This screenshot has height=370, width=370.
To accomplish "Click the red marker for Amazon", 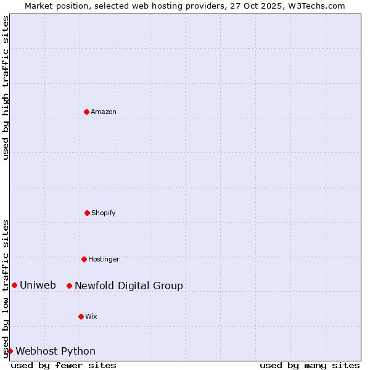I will tap(86, 112).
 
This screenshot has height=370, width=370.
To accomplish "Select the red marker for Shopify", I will tap(87, 213).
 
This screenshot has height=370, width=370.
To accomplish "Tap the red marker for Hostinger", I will tap(84, 259).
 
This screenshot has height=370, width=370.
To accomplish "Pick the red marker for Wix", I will tap(81, 316).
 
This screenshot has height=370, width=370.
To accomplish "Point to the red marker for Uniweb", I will tap(14, 285).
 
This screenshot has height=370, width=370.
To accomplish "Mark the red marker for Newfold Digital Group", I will tap(69, 286).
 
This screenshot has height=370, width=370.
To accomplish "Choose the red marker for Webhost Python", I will tap(10, 351).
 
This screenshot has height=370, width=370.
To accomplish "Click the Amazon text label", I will tap(104, 112).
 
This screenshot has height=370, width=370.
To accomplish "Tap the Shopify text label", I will tap(104, 213).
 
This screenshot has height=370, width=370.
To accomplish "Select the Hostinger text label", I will tap(104, 259).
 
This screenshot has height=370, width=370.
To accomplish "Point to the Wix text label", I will tap(91, 316).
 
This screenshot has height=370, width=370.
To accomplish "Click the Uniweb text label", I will tap(38, 285).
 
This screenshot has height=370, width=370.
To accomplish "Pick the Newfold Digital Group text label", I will tap(129, 286).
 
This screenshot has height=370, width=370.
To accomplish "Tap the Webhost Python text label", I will tap(55, 351).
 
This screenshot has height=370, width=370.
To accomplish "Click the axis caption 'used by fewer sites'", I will tap(64, 365).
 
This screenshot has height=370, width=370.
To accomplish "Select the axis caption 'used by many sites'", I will tap(310, 365).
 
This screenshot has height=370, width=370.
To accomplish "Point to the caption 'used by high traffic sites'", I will tap(6, 88).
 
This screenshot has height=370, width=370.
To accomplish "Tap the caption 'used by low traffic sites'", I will tap(6, 289).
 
